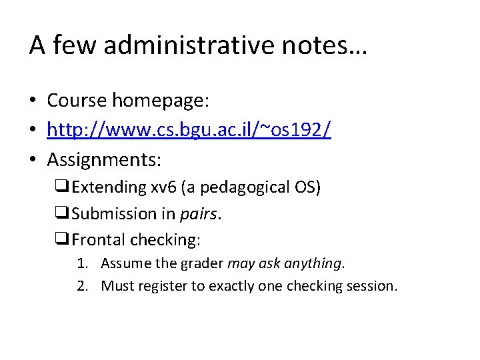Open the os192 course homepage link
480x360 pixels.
(x=189, y=130)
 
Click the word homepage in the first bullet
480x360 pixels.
(x=161, y=101)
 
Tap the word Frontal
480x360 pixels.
(x=99, y=239)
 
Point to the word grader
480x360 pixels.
(x=203, y=263)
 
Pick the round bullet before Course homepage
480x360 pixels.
(x=33, y=101)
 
